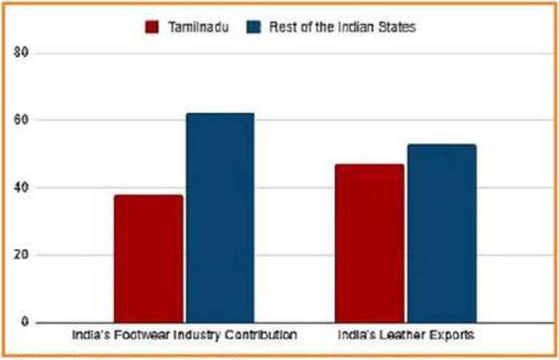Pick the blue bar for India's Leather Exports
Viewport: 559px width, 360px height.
441,233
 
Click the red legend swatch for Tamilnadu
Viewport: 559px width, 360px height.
152,27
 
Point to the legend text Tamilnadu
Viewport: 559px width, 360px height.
196,27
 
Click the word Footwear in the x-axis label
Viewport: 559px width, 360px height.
134,336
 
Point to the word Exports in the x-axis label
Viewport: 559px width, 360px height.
448,336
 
